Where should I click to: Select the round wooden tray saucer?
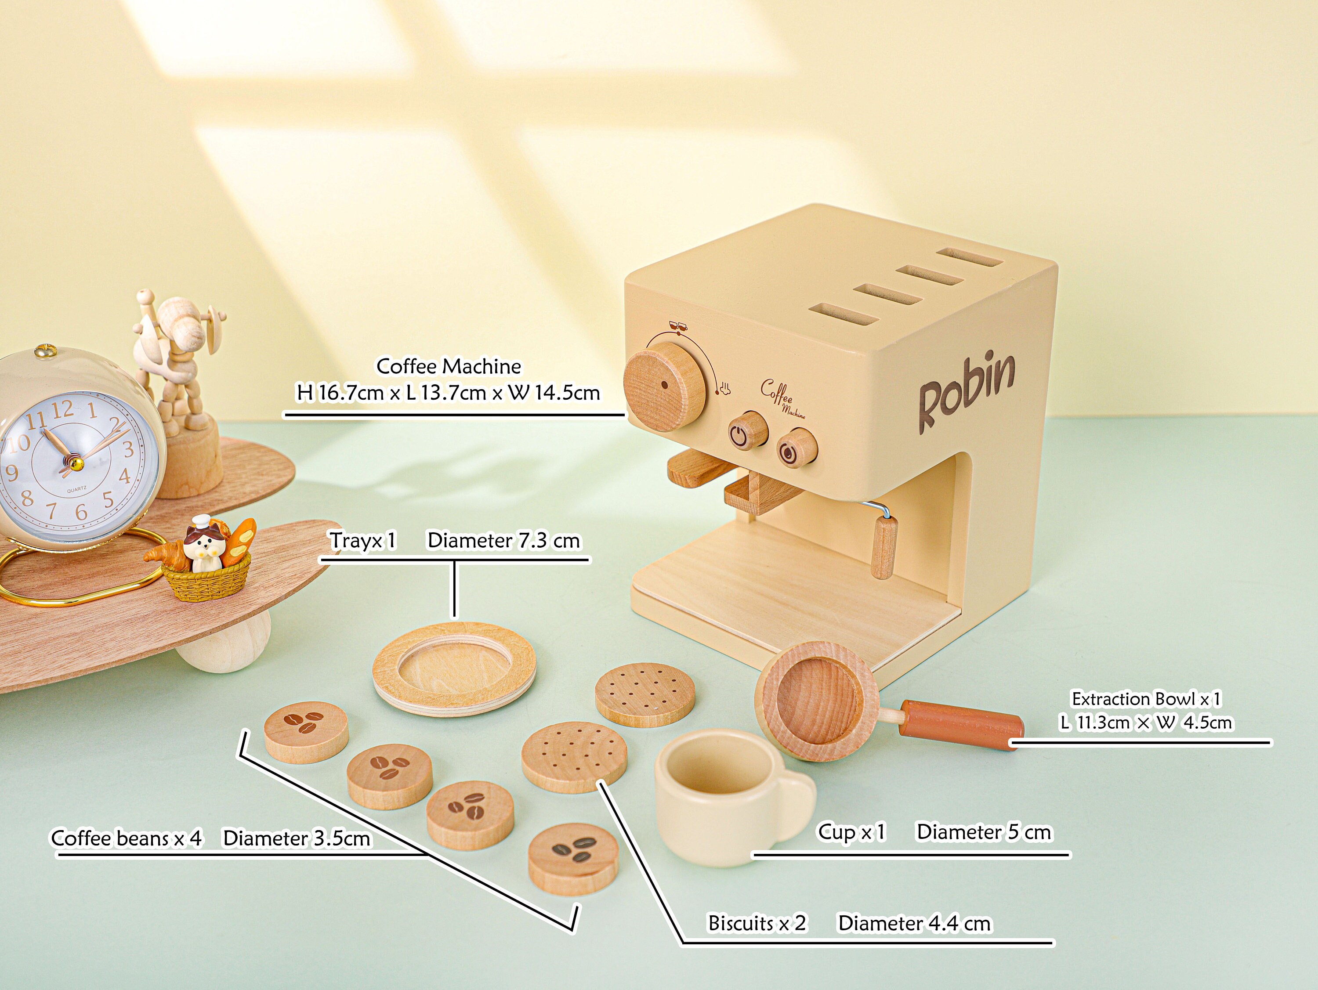pyautogui.click(x=454, y=667)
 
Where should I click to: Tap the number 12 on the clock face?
pyautogui.click(x=62, y=409)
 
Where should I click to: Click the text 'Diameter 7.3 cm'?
pyautogui.click(x=503, y=540)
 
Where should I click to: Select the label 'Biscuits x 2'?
pyautogui.click(x=756, y=923)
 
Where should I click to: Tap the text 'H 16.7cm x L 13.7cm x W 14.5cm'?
pyautogui.click(x=448, y=393)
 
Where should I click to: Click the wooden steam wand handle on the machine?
pyautogui.click(x=883, y=547)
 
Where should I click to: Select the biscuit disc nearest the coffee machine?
pyautogui.click(x=645, y=694)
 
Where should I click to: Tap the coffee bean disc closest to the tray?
pyautogui.click(x=306, y=731)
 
